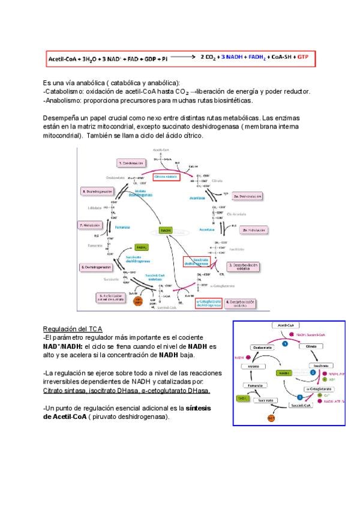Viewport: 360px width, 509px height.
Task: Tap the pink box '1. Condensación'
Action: [131, 163]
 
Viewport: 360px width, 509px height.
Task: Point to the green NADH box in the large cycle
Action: [166, 230]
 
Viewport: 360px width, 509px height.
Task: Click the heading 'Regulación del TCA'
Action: [73, 329]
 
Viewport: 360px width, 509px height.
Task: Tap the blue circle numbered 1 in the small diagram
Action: [286, 344]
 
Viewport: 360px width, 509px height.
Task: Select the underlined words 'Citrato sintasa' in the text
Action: [64, 390]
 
